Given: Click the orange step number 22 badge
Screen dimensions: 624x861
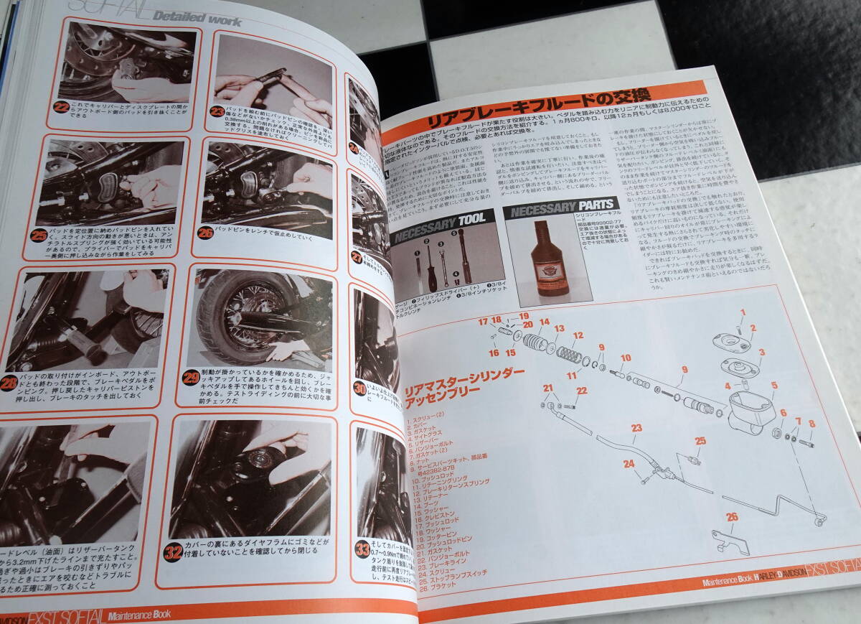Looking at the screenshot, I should (x=61, y=110).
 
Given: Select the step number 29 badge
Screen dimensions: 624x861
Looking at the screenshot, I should (x=191, y=377).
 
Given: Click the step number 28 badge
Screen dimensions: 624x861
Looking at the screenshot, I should (x=11, y=383).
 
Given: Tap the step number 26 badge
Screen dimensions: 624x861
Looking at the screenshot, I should (x=207, y=233).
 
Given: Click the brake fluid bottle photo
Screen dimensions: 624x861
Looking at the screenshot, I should (x=549, y=260).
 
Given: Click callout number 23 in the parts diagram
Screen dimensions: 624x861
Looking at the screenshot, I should (x=636, y=429).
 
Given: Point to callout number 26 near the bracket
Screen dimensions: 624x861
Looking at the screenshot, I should (x=731, y=516).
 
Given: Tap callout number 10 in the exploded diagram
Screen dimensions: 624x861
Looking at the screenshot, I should (x=626, y=358).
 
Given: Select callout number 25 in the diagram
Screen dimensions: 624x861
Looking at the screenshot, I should (x=700, y=441).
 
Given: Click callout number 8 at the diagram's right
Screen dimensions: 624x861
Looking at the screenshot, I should (x=811, y=424).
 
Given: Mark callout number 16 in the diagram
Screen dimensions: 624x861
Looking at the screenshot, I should (x=494, y=353).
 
